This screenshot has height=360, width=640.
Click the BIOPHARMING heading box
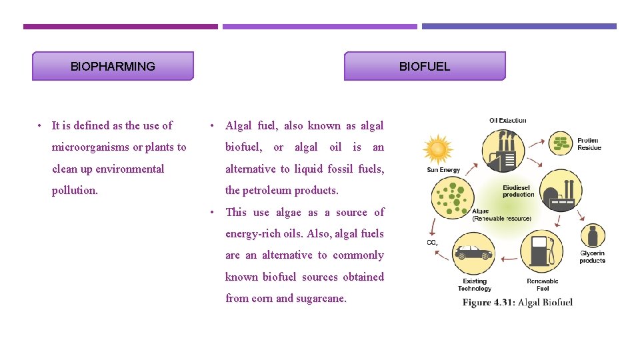coord(113,66)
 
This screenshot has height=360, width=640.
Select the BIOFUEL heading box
coord(425,66)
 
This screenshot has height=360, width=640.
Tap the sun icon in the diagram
coord(437,149)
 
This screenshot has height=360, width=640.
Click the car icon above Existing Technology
coord(473,254)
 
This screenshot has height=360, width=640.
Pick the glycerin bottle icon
coord(592,237)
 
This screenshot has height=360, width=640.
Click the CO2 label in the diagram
coord(432,242)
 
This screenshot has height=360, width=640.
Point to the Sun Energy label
coord(443,170)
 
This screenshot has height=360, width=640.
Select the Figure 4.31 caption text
coord(517,302)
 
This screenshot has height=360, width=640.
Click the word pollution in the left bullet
coord(75,190)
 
